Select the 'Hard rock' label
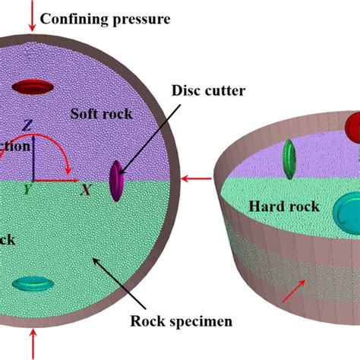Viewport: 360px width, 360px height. click(x=285, y=206)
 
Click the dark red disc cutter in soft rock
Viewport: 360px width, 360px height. click(x=34, y=88)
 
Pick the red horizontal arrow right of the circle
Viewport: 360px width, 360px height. click(x=199, y=179)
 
